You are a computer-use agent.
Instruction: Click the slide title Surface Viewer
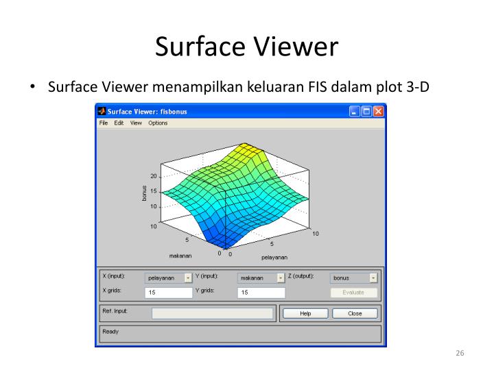(247, 47)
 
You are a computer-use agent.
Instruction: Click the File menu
(104, 123)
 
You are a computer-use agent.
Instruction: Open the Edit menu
(119, 123)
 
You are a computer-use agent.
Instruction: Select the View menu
(136, 123)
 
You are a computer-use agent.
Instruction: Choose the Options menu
(158, 123)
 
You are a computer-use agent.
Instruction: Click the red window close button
(378, 111)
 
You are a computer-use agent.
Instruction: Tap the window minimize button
(354, 111)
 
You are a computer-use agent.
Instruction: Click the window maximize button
(366, 111)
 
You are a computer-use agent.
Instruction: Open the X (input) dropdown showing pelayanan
(168, 278)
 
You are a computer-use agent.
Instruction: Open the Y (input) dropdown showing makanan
(261, 278)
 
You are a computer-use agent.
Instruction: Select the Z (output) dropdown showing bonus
(353, 278)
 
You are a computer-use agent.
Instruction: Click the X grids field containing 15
(168, 293)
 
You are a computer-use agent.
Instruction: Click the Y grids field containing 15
(261, 293)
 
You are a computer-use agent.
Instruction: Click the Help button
(305, 314)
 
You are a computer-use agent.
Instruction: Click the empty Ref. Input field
(212, 314)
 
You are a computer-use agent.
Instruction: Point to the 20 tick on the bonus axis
(154, 176)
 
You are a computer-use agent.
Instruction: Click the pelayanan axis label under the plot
(274, 258)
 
